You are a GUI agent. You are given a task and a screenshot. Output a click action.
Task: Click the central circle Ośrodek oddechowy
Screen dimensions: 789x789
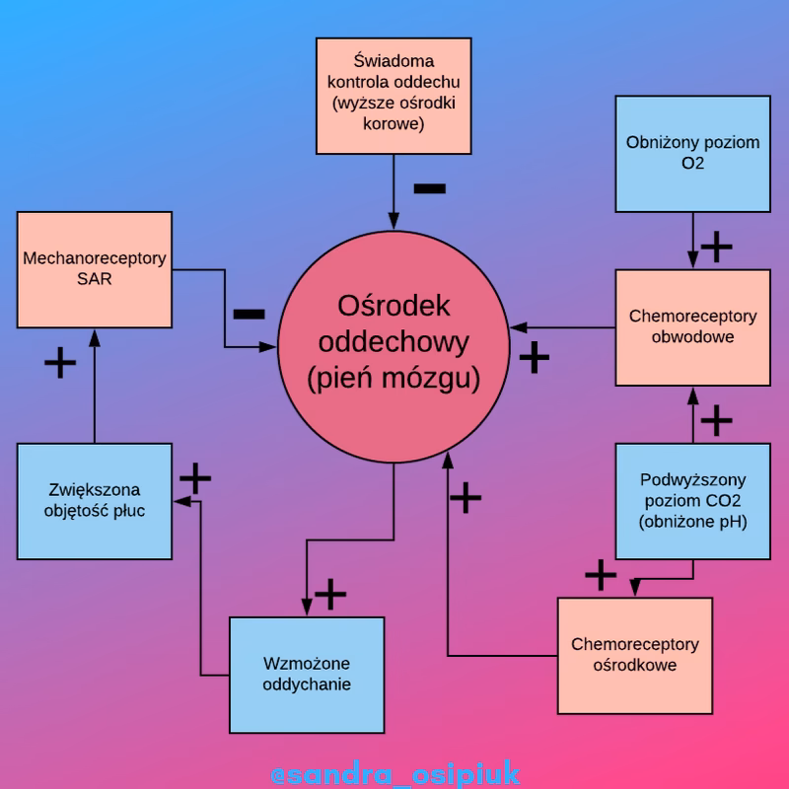[394, 340]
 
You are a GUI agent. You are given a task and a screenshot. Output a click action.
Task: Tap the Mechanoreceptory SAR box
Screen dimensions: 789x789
[95, 269]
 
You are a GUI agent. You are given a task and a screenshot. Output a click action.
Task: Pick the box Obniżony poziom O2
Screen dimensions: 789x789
[692, 153]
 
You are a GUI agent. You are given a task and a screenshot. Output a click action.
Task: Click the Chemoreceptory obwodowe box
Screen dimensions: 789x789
[692, 326]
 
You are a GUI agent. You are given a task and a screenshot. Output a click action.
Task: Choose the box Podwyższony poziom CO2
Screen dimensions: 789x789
[692, 501]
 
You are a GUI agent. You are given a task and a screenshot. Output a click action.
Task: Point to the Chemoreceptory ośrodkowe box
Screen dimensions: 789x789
[634, 655]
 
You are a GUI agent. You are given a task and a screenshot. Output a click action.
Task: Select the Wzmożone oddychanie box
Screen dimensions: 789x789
[307, 675]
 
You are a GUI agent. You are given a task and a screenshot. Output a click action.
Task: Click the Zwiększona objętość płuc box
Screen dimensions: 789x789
[95, 501]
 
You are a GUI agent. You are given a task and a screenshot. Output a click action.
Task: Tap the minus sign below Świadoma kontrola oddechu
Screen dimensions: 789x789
[429, 188]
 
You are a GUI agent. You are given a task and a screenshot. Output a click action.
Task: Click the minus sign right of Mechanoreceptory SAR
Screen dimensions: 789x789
[249, 314]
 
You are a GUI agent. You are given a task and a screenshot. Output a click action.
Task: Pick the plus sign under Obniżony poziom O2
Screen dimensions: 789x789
[716, 246]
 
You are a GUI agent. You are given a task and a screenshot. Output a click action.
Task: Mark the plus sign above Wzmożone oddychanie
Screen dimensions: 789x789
[330, 595]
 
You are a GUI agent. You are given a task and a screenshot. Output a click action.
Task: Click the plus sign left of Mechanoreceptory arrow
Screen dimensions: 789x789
[60, 363]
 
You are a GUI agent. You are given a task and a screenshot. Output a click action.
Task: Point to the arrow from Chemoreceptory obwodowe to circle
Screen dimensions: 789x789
[562, 326]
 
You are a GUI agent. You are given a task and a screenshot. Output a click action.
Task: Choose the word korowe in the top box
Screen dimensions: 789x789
[394, 125]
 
